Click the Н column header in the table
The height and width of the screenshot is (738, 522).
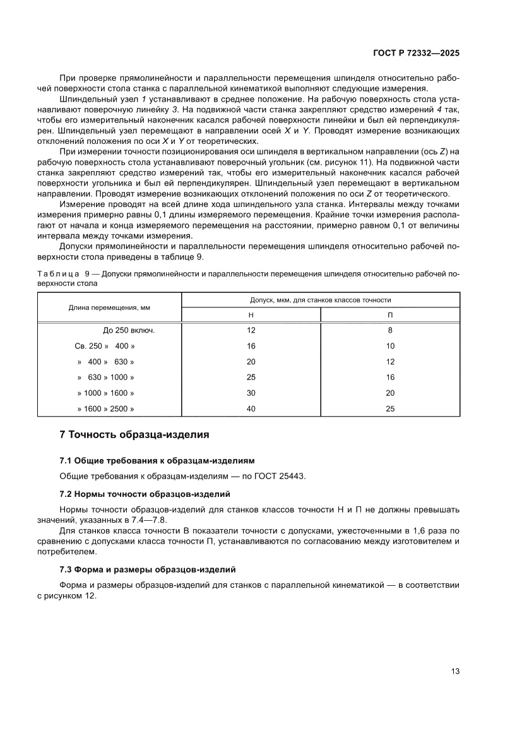251,314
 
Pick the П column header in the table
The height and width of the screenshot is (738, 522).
390,314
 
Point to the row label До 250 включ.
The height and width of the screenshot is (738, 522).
129,330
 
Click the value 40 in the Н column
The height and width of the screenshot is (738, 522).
251,409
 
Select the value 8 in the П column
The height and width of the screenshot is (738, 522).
390,330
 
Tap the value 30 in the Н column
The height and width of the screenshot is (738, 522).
251,393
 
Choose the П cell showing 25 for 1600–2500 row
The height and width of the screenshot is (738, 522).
390,409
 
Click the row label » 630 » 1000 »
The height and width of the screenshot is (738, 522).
105,378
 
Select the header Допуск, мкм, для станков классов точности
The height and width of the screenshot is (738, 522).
321,300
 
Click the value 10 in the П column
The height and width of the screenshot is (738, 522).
390,346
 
